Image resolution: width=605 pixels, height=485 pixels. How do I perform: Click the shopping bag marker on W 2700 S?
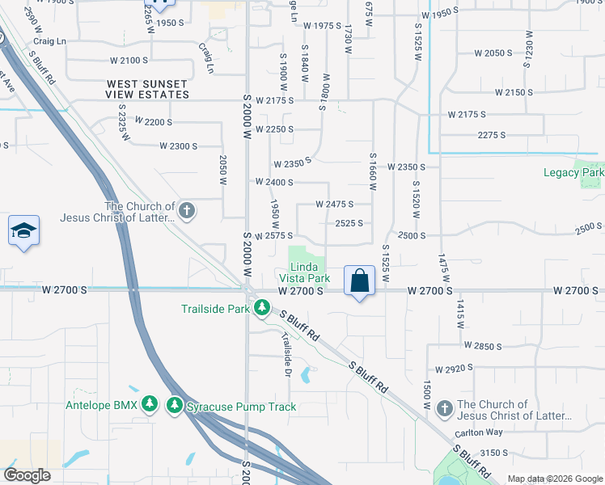tap(360, 281)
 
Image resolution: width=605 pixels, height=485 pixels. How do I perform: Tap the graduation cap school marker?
tap(24, 231)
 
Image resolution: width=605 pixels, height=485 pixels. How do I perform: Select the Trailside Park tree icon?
tap(261, 308)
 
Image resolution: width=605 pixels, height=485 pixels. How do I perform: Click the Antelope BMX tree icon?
tap(149, 403)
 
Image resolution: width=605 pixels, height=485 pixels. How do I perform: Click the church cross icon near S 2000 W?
tap(187, 212)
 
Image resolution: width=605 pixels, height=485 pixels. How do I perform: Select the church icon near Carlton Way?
tap(444, 409)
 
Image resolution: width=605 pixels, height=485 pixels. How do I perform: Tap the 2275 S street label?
tap(497, 134)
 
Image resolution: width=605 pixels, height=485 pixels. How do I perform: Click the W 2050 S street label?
tap(493, 53)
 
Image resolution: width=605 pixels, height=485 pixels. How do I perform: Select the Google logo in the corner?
tap(27, 475)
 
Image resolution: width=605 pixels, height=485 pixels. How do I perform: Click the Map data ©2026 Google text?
tap(554, 478)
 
